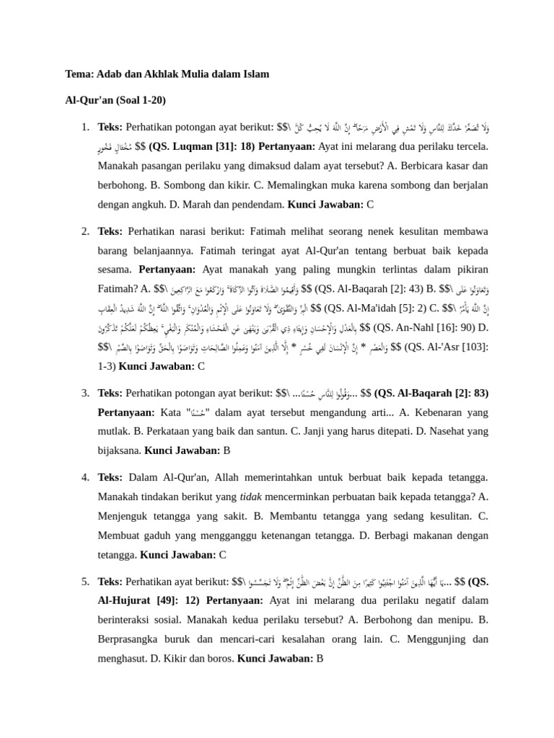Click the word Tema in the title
click(79, 74)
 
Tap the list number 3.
click(85, 394)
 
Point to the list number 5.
click(85, 581)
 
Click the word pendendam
click(256, 205)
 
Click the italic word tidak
click(250, 497)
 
